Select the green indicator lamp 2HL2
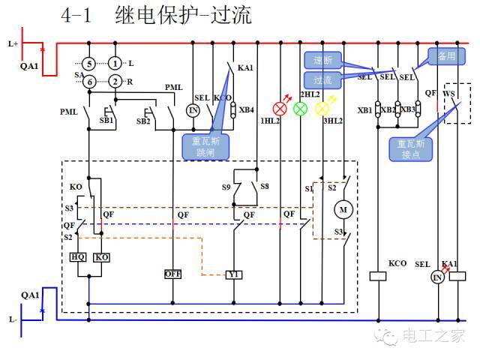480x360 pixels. tap(301, 107)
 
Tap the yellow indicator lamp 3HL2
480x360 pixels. tap(323, 107)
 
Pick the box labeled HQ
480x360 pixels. tap(78, 256)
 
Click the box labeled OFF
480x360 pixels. tap(173, 274)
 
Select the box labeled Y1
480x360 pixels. tap(234, 274)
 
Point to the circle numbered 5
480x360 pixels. tap(88, 63)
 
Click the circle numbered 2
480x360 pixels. tap(114, 80)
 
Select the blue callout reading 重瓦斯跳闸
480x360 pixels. tap(196, 145)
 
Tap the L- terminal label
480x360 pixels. tap(13, 319)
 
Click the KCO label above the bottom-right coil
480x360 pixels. tap(397, 264)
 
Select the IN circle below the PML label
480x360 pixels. tap(193, 111)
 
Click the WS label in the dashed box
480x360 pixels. tap(449, 94)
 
